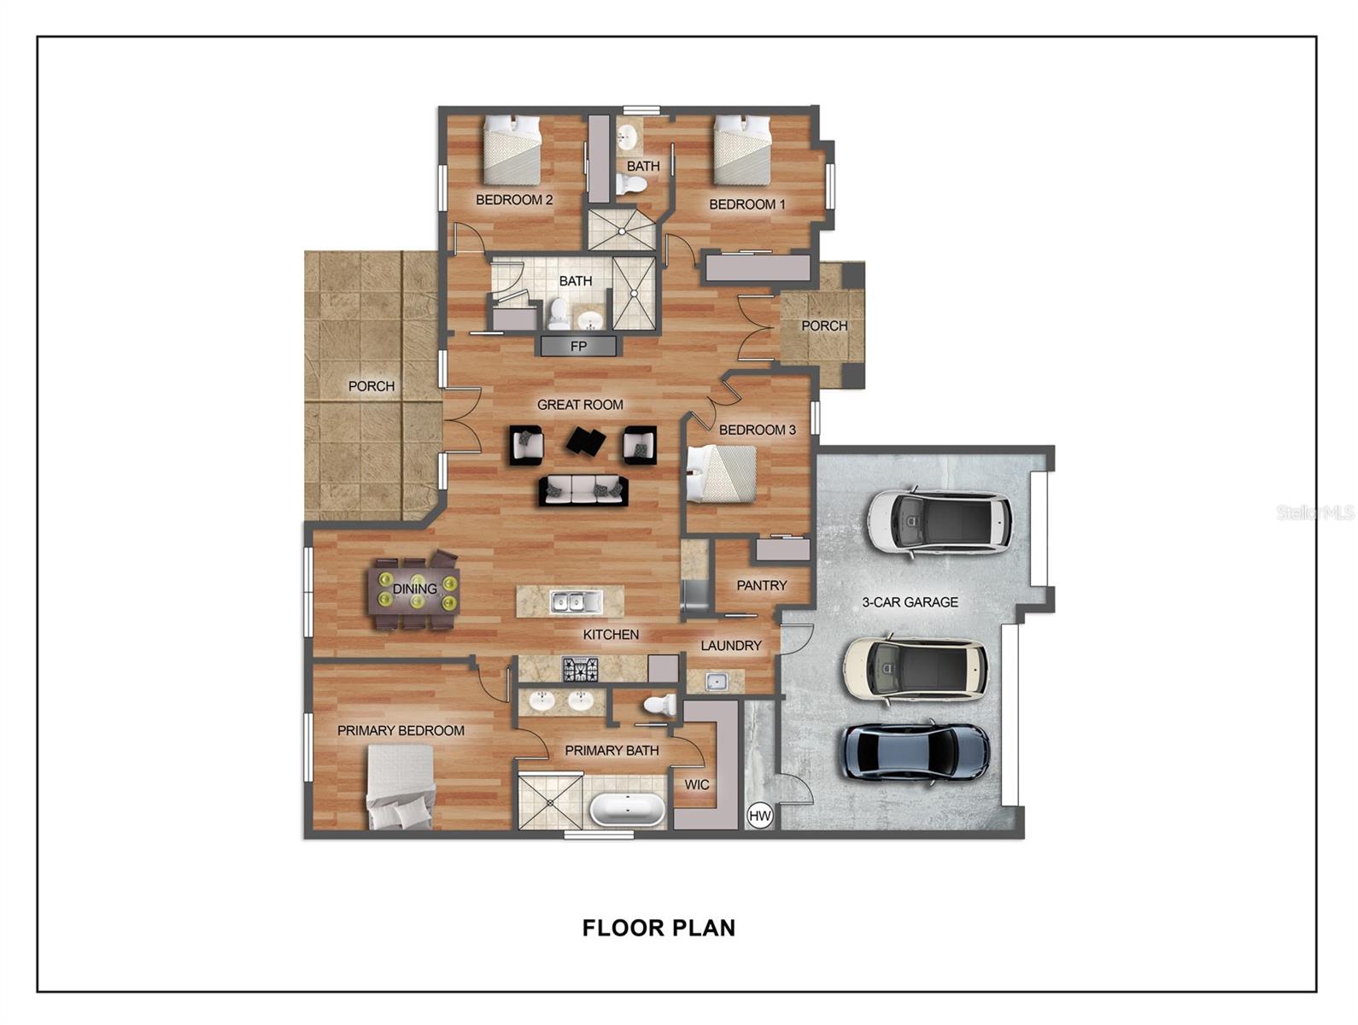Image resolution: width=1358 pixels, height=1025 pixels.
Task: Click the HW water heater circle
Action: pos(759,816)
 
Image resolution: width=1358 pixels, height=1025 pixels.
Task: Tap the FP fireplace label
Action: pos(578,347)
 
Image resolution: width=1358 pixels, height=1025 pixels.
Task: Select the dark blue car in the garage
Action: pos(916,752)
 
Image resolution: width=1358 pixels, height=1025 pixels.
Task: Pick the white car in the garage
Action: pos(939,522)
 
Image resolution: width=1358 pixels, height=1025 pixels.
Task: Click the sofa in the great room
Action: pos(583,490)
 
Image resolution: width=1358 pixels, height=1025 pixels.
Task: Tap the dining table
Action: pos(413,589)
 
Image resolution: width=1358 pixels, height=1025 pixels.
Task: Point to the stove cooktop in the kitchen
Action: pos(580,669)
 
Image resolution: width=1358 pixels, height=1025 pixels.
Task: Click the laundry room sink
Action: pos(716,681)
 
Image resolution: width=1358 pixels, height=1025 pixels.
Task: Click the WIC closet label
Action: pos(697,784)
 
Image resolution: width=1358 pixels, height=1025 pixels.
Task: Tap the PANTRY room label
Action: pos(761,585)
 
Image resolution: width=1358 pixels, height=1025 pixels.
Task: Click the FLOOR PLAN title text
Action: pos(659,928)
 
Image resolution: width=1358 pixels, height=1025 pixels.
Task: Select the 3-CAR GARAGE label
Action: pos(910,602)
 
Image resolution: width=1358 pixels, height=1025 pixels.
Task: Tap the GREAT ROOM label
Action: pos(580,405)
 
